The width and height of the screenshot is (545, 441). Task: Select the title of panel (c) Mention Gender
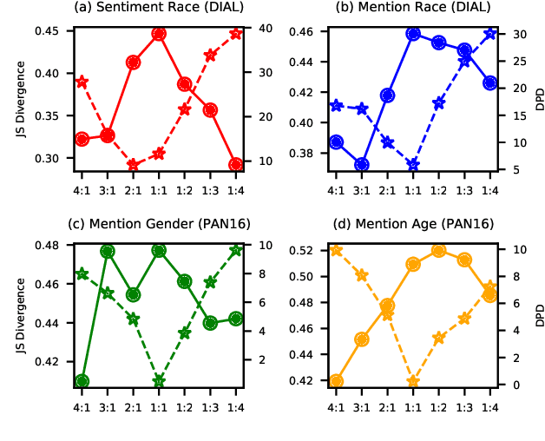coord(159,224)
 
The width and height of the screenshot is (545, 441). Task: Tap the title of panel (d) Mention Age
coord(413,224)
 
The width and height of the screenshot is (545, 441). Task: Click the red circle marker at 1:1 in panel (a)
coord(159,34)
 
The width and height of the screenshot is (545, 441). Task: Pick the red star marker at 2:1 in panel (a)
coord(133,164)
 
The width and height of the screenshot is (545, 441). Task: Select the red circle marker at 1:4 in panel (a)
coord(236,164)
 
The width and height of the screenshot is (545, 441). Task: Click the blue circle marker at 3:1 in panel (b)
coord(362,164)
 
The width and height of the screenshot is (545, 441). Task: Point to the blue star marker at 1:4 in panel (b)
coord(490,34)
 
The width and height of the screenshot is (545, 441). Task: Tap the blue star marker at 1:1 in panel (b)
coord(413,164)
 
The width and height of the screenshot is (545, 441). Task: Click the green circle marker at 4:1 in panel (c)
coord(82,381)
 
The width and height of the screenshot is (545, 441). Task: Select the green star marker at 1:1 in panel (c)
coord(159,381)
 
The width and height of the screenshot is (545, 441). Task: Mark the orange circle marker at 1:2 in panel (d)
coord(439,250)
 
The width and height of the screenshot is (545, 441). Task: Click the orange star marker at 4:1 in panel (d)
coord(336,250)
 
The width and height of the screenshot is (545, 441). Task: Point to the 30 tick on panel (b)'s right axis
coord(513,34)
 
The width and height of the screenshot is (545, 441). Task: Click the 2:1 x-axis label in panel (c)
coord(133,405)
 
